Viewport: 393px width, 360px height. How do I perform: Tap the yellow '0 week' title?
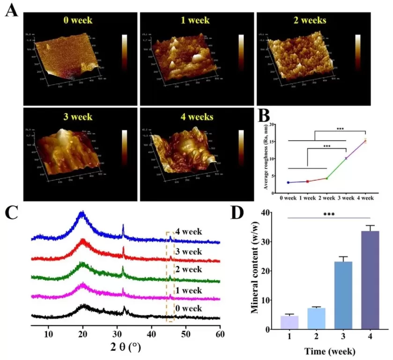[x=78, y=20]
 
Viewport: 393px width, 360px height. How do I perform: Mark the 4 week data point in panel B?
[x=365, y=140]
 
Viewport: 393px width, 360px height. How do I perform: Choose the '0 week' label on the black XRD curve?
[x=188, y=308]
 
